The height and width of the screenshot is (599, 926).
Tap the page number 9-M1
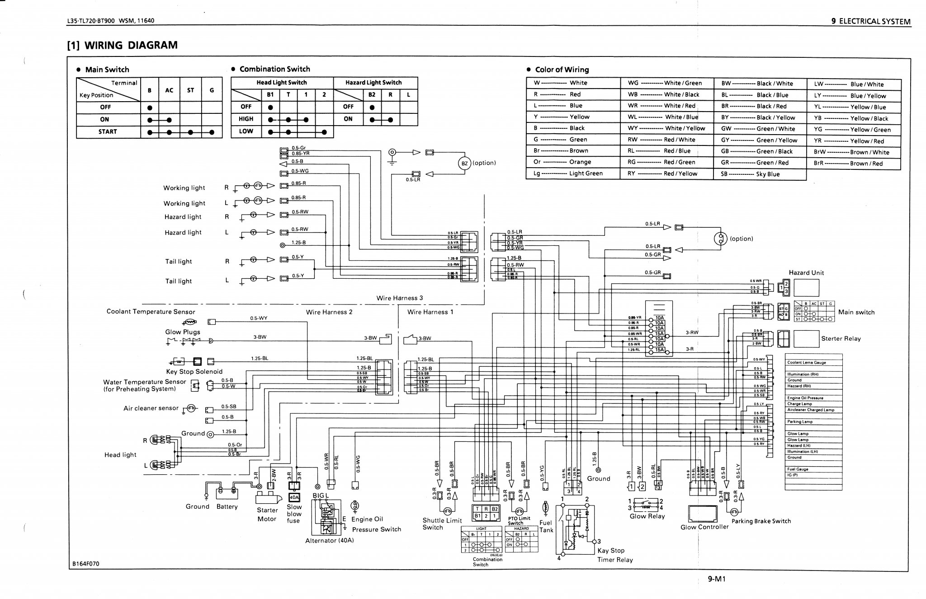(717, 579)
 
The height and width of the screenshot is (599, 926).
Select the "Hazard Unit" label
(806, 273)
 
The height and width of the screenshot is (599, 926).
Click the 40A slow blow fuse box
(294, 497)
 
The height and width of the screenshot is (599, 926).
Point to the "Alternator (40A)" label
(329, 541)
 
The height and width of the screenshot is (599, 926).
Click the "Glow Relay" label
(647, 516)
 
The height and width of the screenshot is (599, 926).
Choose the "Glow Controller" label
(704, 527)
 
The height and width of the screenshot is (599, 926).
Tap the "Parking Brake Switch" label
(761, 521)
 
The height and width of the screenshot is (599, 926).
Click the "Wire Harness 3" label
(400, 298)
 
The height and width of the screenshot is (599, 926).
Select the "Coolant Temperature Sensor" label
(151, 312)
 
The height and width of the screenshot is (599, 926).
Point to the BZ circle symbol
(464, 163)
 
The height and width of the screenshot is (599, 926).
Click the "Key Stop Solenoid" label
(194, 372)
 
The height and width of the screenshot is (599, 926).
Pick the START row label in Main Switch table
(108, 132)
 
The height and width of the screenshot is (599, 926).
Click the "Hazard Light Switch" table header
(373, 83)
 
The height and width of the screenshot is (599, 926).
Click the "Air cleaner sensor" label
(151, 408)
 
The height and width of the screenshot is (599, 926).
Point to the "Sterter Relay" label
(841, 339)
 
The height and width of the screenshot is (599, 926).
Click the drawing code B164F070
(85, 564)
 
